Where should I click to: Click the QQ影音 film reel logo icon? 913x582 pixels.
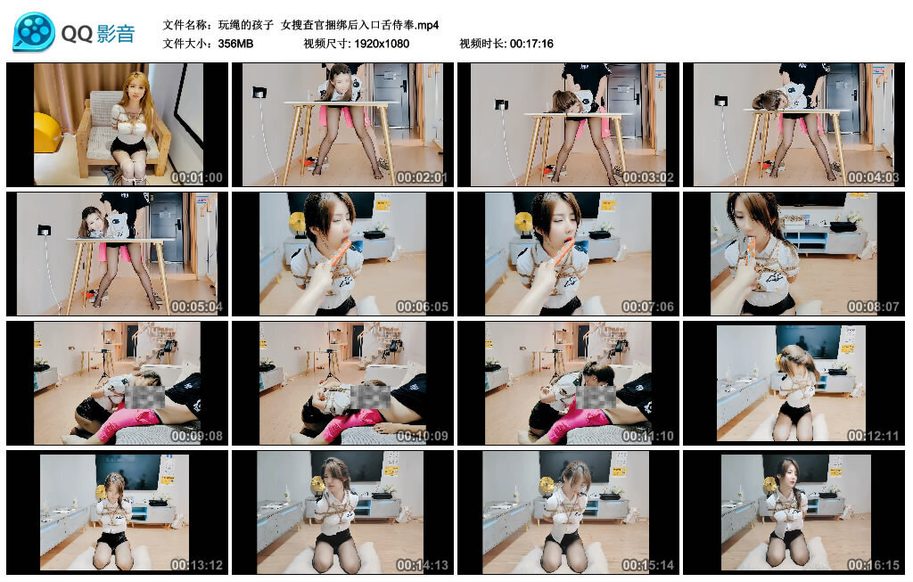click(x=34, y=32)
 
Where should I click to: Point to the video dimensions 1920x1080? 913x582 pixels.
click(x=381, y=43)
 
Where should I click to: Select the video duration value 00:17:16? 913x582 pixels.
click(x=531, y=43)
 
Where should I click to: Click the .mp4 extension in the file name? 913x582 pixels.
click(x=425, y=24)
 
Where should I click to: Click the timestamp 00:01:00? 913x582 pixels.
click(x=196, y=177)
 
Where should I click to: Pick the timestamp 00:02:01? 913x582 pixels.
click(x=422, y=177)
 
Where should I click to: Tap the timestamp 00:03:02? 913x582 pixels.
click(x=647, y=177)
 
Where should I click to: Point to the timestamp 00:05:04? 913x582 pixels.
click(x=196, y=307)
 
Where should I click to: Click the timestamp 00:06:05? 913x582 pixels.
click(x=422, y=307)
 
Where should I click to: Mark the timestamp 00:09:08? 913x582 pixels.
click(x=196, y=436)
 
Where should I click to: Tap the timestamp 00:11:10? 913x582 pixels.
click(x=647, y=436)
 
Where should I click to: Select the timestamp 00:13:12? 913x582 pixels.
click(x=196, y=565)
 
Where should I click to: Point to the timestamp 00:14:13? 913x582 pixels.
click(x=422, y=565)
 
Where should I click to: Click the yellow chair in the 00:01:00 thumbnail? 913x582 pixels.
click(x=47, y=134)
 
